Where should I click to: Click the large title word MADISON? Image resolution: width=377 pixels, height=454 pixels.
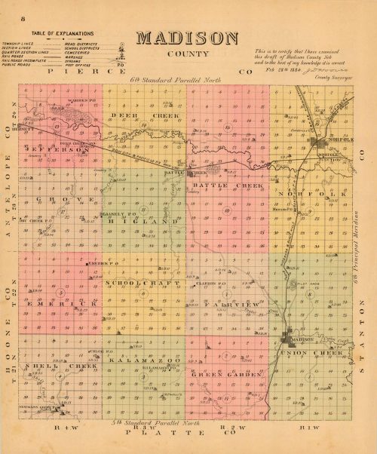188,38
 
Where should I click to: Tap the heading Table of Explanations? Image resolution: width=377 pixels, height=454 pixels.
63,34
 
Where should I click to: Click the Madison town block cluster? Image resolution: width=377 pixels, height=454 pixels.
290,340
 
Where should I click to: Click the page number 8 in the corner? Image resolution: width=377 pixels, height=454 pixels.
24,16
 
